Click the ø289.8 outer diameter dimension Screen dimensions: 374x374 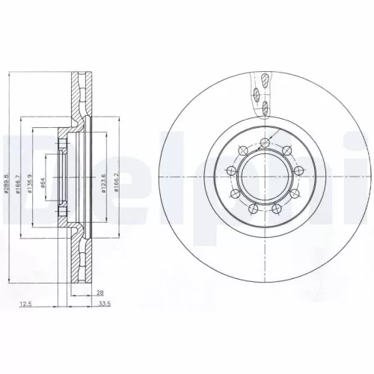coord(6,180)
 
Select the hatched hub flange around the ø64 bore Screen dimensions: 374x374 coord(63,150)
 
